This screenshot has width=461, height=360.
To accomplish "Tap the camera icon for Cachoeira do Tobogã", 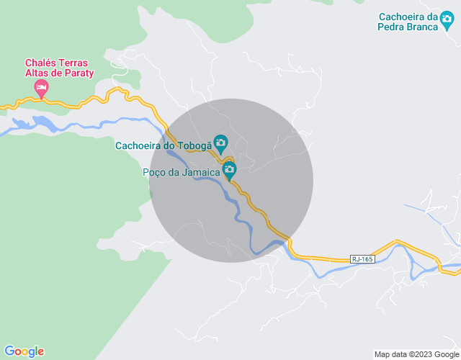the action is pos(220,143).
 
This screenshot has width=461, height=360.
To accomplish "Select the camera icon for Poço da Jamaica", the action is pos(229,171).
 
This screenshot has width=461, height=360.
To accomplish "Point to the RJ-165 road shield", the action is pos(363,258).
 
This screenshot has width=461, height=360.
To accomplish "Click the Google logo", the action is pos(23,351).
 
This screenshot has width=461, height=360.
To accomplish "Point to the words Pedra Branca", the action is pos(408,27).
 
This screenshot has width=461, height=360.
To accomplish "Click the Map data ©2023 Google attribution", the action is pos(416,354).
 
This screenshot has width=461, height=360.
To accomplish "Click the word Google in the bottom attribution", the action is pos(444,354).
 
